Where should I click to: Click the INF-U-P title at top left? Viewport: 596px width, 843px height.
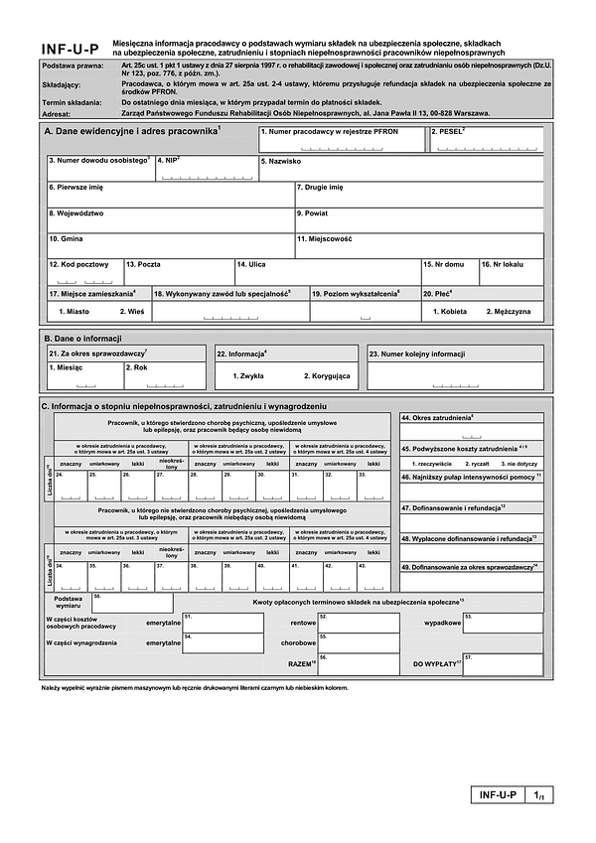(71, 49)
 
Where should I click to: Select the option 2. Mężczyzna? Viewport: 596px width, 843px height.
(508, 312)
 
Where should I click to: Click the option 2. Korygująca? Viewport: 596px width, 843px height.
(327, 376)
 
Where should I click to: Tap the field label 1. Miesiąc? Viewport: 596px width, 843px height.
(65, 367)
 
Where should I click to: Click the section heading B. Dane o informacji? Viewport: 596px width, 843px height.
(81, 338)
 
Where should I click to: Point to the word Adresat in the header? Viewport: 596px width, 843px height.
(59, 113)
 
